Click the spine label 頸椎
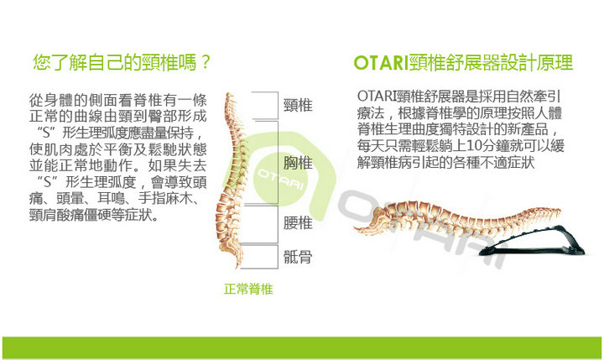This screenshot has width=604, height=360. pyautogui.click(x=298, y=105)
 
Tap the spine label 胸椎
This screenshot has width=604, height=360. pyautogui.click(x=298, y=163)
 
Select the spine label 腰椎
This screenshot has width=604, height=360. pyautogui.click(x=298, y=222)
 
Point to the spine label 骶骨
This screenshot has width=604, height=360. pyautogui.click(x=298, y=257)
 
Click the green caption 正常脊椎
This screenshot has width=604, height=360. pyautogui.click(x=248, y=289)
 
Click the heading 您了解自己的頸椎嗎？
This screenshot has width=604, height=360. pyautogui.click(x=122, y=62)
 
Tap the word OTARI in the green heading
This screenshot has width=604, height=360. pyautogui.click(x=382, y=63)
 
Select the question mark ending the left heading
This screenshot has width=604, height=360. pyautogui.click(x=205, y=62)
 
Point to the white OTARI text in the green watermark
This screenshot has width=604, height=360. pyautogui.click(x=281, y=180)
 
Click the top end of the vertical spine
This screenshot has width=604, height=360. pyautogui.click(x=229, y=94)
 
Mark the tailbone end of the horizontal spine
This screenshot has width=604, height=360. pyautogui.click(x=356, y=230)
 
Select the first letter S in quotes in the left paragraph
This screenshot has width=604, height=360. pyautogui.click(x=47, y=133)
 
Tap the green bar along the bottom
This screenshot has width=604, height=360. pyautogui.click(x=302, y=347)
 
